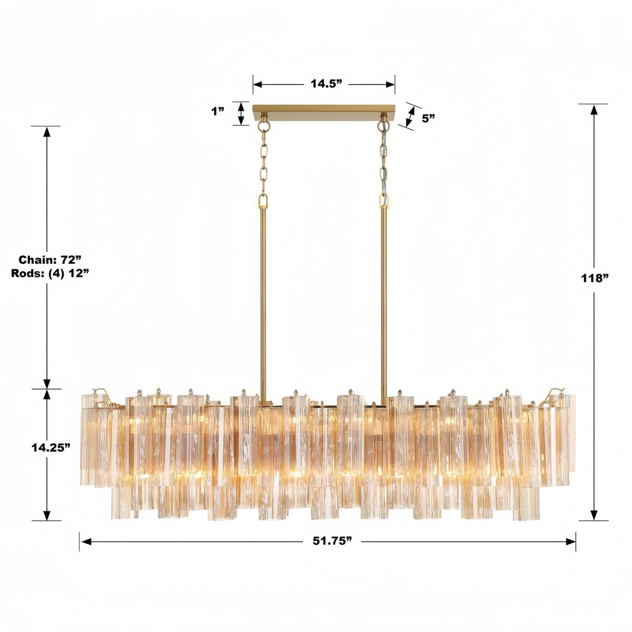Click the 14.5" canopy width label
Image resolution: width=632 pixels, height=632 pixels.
tap(326, 84)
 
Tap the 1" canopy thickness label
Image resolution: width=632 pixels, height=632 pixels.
tap(217, 112)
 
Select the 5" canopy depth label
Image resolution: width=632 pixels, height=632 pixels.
tap(428, 118)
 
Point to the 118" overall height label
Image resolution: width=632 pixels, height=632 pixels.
tap(594, 278)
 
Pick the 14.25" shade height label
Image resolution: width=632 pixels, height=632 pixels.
tap(51, 448)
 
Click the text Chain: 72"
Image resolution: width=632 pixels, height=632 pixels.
tap(50, 260)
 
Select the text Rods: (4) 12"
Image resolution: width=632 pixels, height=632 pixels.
tap(50, 273)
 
